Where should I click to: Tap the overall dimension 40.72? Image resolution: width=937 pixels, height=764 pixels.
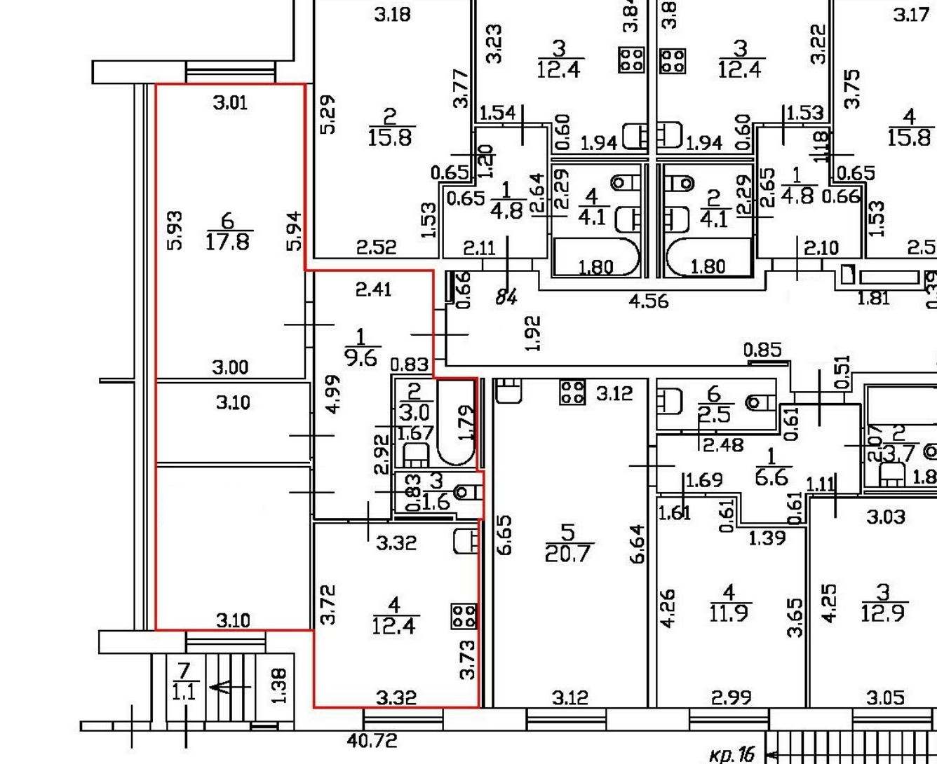coord(372,740)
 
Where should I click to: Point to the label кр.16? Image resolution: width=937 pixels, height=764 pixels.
coord(732,754)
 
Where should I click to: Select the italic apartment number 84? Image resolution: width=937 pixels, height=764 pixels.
coord(506,297)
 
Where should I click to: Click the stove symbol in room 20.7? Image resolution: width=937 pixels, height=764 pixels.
coord(572,392)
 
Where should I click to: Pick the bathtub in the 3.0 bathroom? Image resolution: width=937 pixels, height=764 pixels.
coord(455,423)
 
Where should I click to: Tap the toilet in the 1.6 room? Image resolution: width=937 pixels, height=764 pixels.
coord(464,492)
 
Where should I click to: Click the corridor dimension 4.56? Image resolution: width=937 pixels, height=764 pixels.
coord(649,301)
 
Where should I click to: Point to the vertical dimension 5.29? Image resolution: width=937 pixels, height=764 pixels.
coord(328,115)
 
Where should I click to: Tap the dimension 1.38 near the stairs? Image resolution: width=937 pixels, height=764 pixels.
coord(278,685)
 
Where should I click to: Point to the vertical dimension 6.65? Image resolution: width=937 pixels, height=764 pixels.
coord(504,535)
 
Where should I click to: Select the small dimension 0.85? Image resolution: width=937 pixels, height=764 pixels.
coord(762,349)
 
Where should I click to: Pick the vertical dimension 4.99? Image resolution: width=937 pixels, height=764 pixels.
coord(334,393)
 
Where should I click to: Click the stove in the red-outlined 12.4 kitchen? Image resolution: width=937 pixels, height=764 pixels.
coord(464,617)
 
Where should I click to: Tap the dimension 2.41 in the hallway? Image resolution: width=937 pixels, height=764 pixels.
coord(373,289)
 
